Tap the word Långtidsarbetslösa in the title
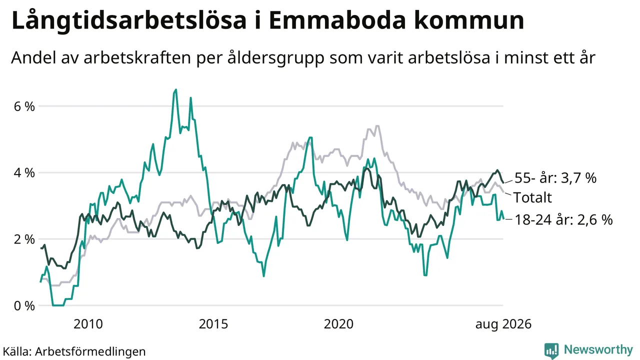point(128,20)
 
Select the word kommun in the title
point(469,20)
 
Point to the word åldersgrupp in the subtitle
point(275,58)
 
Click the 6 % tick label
point(24,106)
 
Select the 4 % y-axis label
point(24,173)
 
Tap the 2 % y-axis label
point(24,239)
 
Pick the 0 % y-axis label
point(24,306)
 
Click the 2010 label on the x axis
point(88,324)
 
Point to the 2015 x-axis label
point(213,324)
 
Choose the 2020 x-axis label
point(338,324)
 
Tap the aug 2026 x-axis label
point(503,324)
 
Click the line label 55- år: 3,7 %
point(555,178)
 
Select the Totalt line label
point(532,197)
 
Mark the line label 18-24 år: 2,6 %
point(563,220)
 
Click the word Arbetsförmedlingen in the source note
point(90,351)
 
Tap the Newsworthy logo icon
point(551,350)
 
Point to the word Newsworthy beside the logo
point(598,349)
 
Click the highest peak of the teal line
point(175,89)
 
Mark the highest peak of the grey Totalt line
point(377,125)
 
